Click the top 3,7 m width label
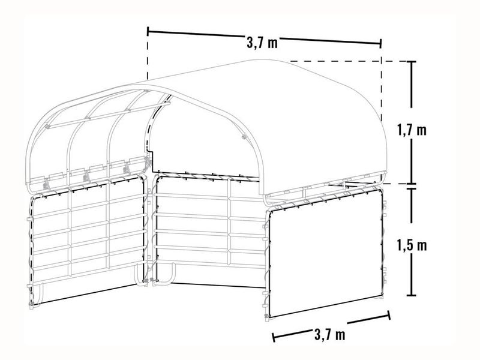click(x=262, y=43)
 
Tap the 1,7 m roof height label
click(x=412, y=130)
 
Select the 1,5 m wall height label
click(x=412, y=245)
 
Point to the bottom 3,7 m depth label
click(x=329, y=334)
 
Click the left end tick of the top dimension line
click(x=148, y=31)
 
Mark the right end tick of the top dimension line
click(x=380, y=43)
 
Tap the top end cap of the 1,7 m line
click(x=411, y=62)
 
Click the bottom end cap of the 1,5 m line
click(x=411, y=295)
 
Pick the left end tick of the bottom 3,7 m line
click(x=274, y=337)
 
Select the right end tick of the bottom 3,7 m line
click(x=389, y=316)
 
